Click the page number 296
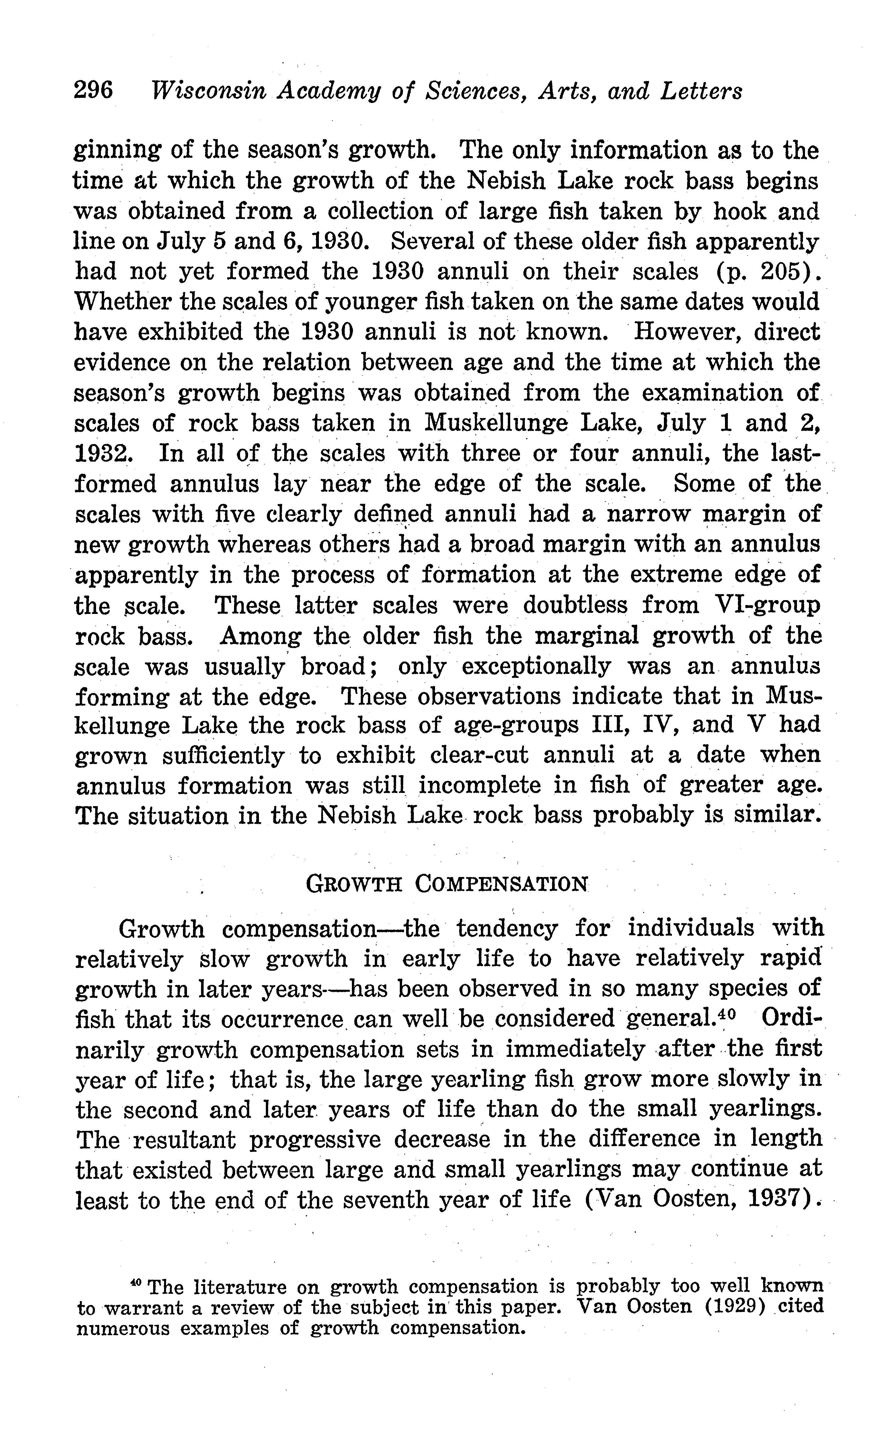(x=93, y=92)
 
